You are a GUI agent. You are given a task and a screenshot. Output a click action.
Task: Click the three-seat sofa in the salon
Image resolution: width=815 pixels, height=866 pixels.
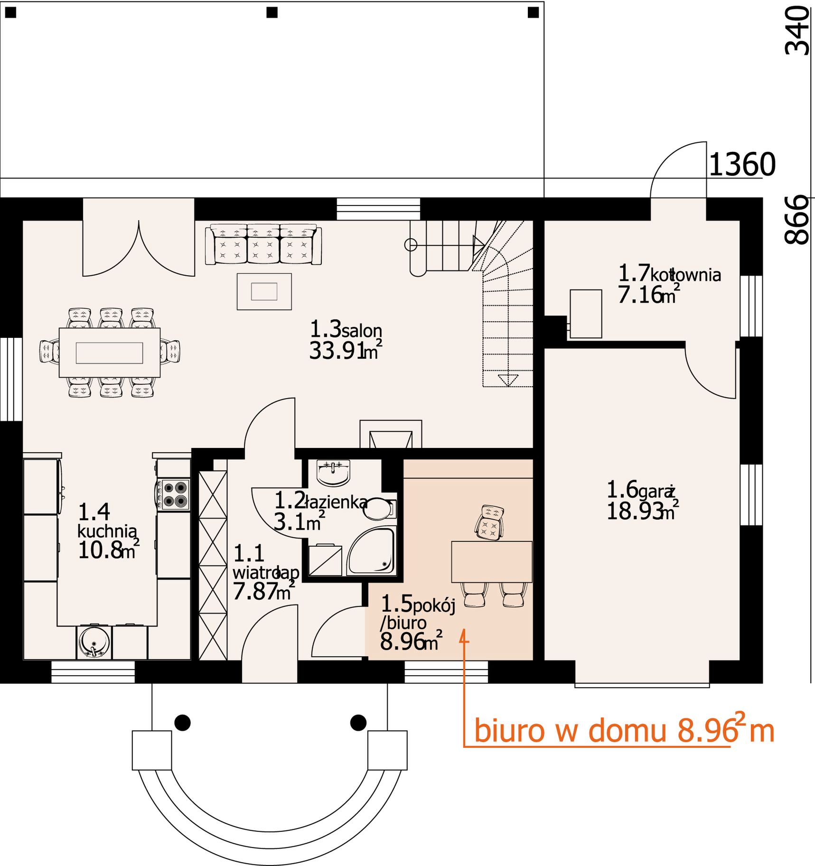coord(263,245)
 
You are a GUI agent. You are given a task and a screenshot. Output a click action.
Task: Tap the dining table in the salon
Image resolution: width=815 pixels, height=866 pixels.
coord(110,353)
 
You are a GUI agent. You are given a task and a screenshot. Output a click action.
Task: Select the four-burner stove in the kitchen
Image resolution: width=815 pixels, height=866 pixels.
coord(174,495)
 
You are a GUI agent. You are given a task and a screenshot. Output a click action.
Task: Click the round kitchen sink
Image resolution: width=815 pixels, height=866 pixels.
coord(94,643)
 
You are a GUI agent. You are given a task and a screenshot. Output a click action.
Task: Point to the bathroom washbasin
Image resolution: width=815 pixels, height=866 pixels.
coord(333,473)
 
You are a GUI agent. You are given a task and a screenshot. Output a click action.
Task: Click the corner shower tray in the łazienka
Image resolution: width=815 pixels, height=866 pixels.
coord(371,550)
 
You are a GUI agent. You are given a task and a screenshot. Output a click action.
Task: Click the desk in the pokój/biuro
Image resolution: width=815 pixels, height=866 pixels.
coord(492,562)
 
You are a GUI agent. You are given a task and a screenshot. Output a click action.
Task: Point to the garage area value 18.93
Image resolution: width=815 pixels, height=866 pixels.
coord(634,512)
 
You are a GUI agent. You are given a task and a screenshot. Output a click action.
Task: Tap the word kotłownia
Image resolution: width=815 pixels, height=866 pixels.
coord(685,275)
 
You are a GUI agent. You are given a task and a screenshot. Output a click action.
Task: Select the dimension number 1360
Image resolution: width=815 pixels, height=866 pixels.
coord(742,165)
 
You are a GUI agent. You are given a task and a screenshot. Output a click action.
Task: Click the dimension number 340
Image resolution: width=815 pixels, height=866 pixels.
coord(797,31)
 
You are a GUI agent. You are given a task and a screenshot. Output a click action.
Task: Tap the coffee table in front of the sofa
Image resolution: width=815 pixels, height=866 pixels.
coord(264,292)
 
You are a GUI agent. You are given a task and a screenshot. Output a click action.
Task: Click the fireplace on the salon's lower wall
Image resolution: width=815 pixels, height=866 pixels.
coord(391,434)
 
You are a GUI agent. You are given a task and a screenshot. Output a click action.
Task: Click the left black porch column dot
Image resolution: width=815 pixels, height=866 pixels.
coord(183,723)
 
